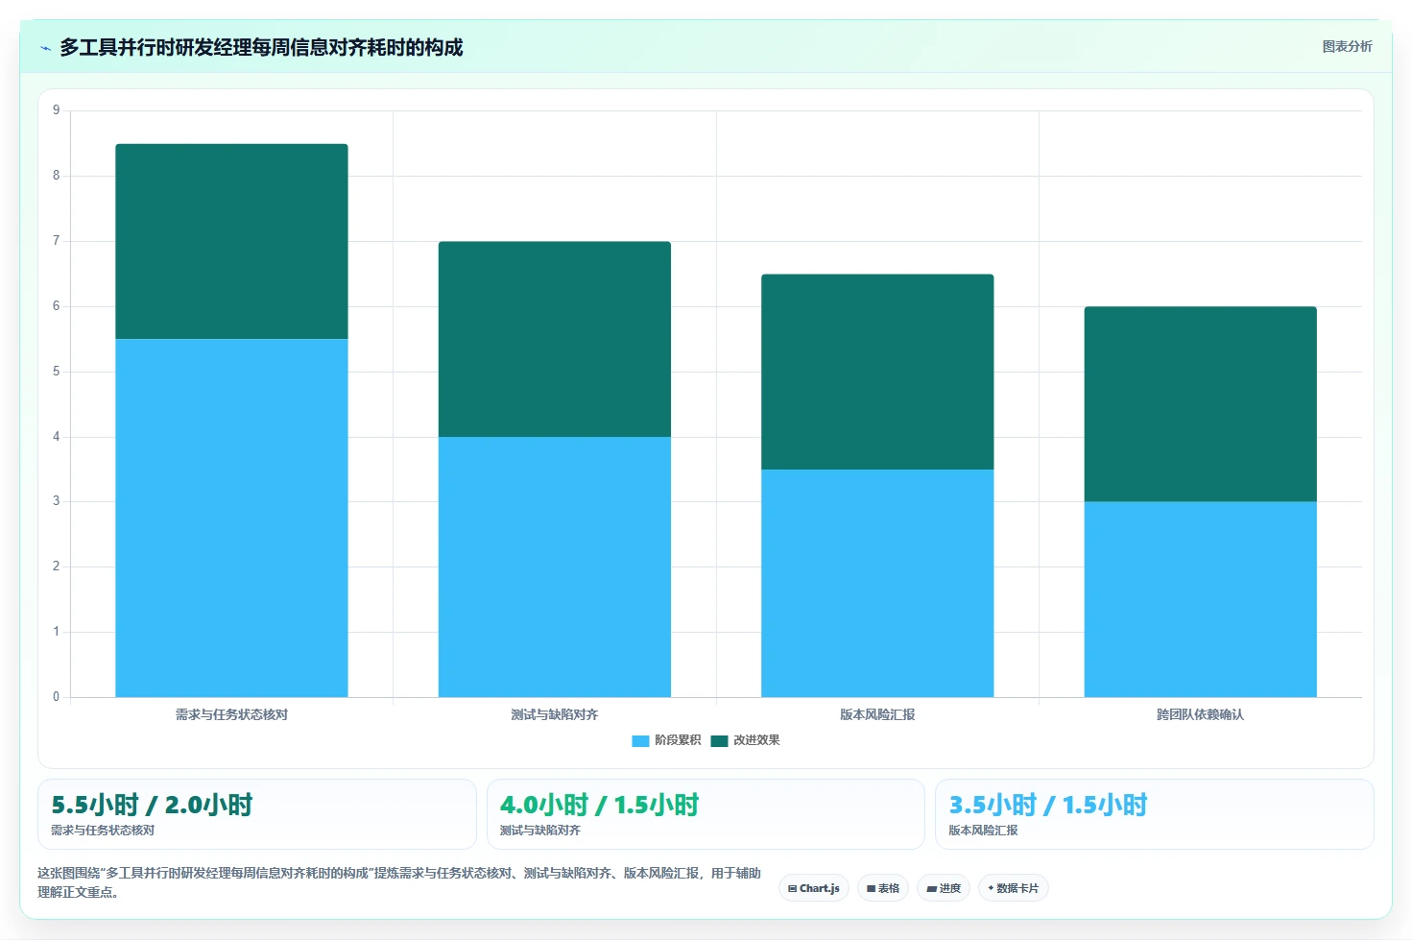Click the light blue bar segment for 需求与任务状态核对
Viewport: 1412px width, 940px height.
(231, 518)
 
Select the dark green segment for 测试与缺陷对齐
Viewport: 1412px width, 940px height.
(555, 339)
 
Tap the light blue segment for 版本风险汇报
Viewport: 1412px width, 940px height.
(877, 583)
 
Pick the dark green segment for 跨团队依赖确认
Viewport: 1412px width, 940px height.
(1200, 404)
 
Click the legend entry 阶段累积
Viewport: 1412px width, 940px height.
(666, 740)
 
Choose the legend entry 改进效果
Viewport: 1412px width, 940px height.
(745, 740)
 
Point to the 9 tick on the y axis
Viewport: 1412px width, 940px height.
(56, 110)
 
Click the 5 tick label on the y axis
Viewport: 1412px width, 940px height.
(56, 372)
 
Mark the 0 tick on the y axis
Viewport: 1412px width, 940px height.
(56, 697)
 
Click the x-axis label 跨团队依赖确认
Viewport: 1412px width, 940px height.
(1200, 714)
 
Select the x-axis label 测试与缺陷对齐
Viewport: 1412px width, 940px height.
(555, 714)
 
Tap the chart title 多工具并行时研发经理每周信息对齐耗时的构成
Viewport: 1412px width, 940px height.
(262, 47)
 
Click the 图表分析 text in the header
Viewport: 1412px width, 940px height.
(1347, 47)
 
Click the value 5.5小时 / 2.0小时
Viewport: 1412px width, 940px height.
(152, 805)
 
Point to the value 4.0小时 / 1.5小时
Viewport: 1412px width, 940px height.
(600, 805)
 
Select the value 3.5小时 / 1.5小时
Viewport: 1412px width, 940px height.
(1048, 805)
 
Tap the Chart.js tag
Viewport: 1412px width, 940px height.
(814, 888)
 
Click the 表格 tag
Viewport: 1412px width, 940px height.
(882, 888)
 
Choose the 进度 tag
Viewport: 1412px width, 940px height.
(943, 888)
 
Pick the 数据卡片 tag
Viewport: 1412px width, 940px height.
(1013, 888)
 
